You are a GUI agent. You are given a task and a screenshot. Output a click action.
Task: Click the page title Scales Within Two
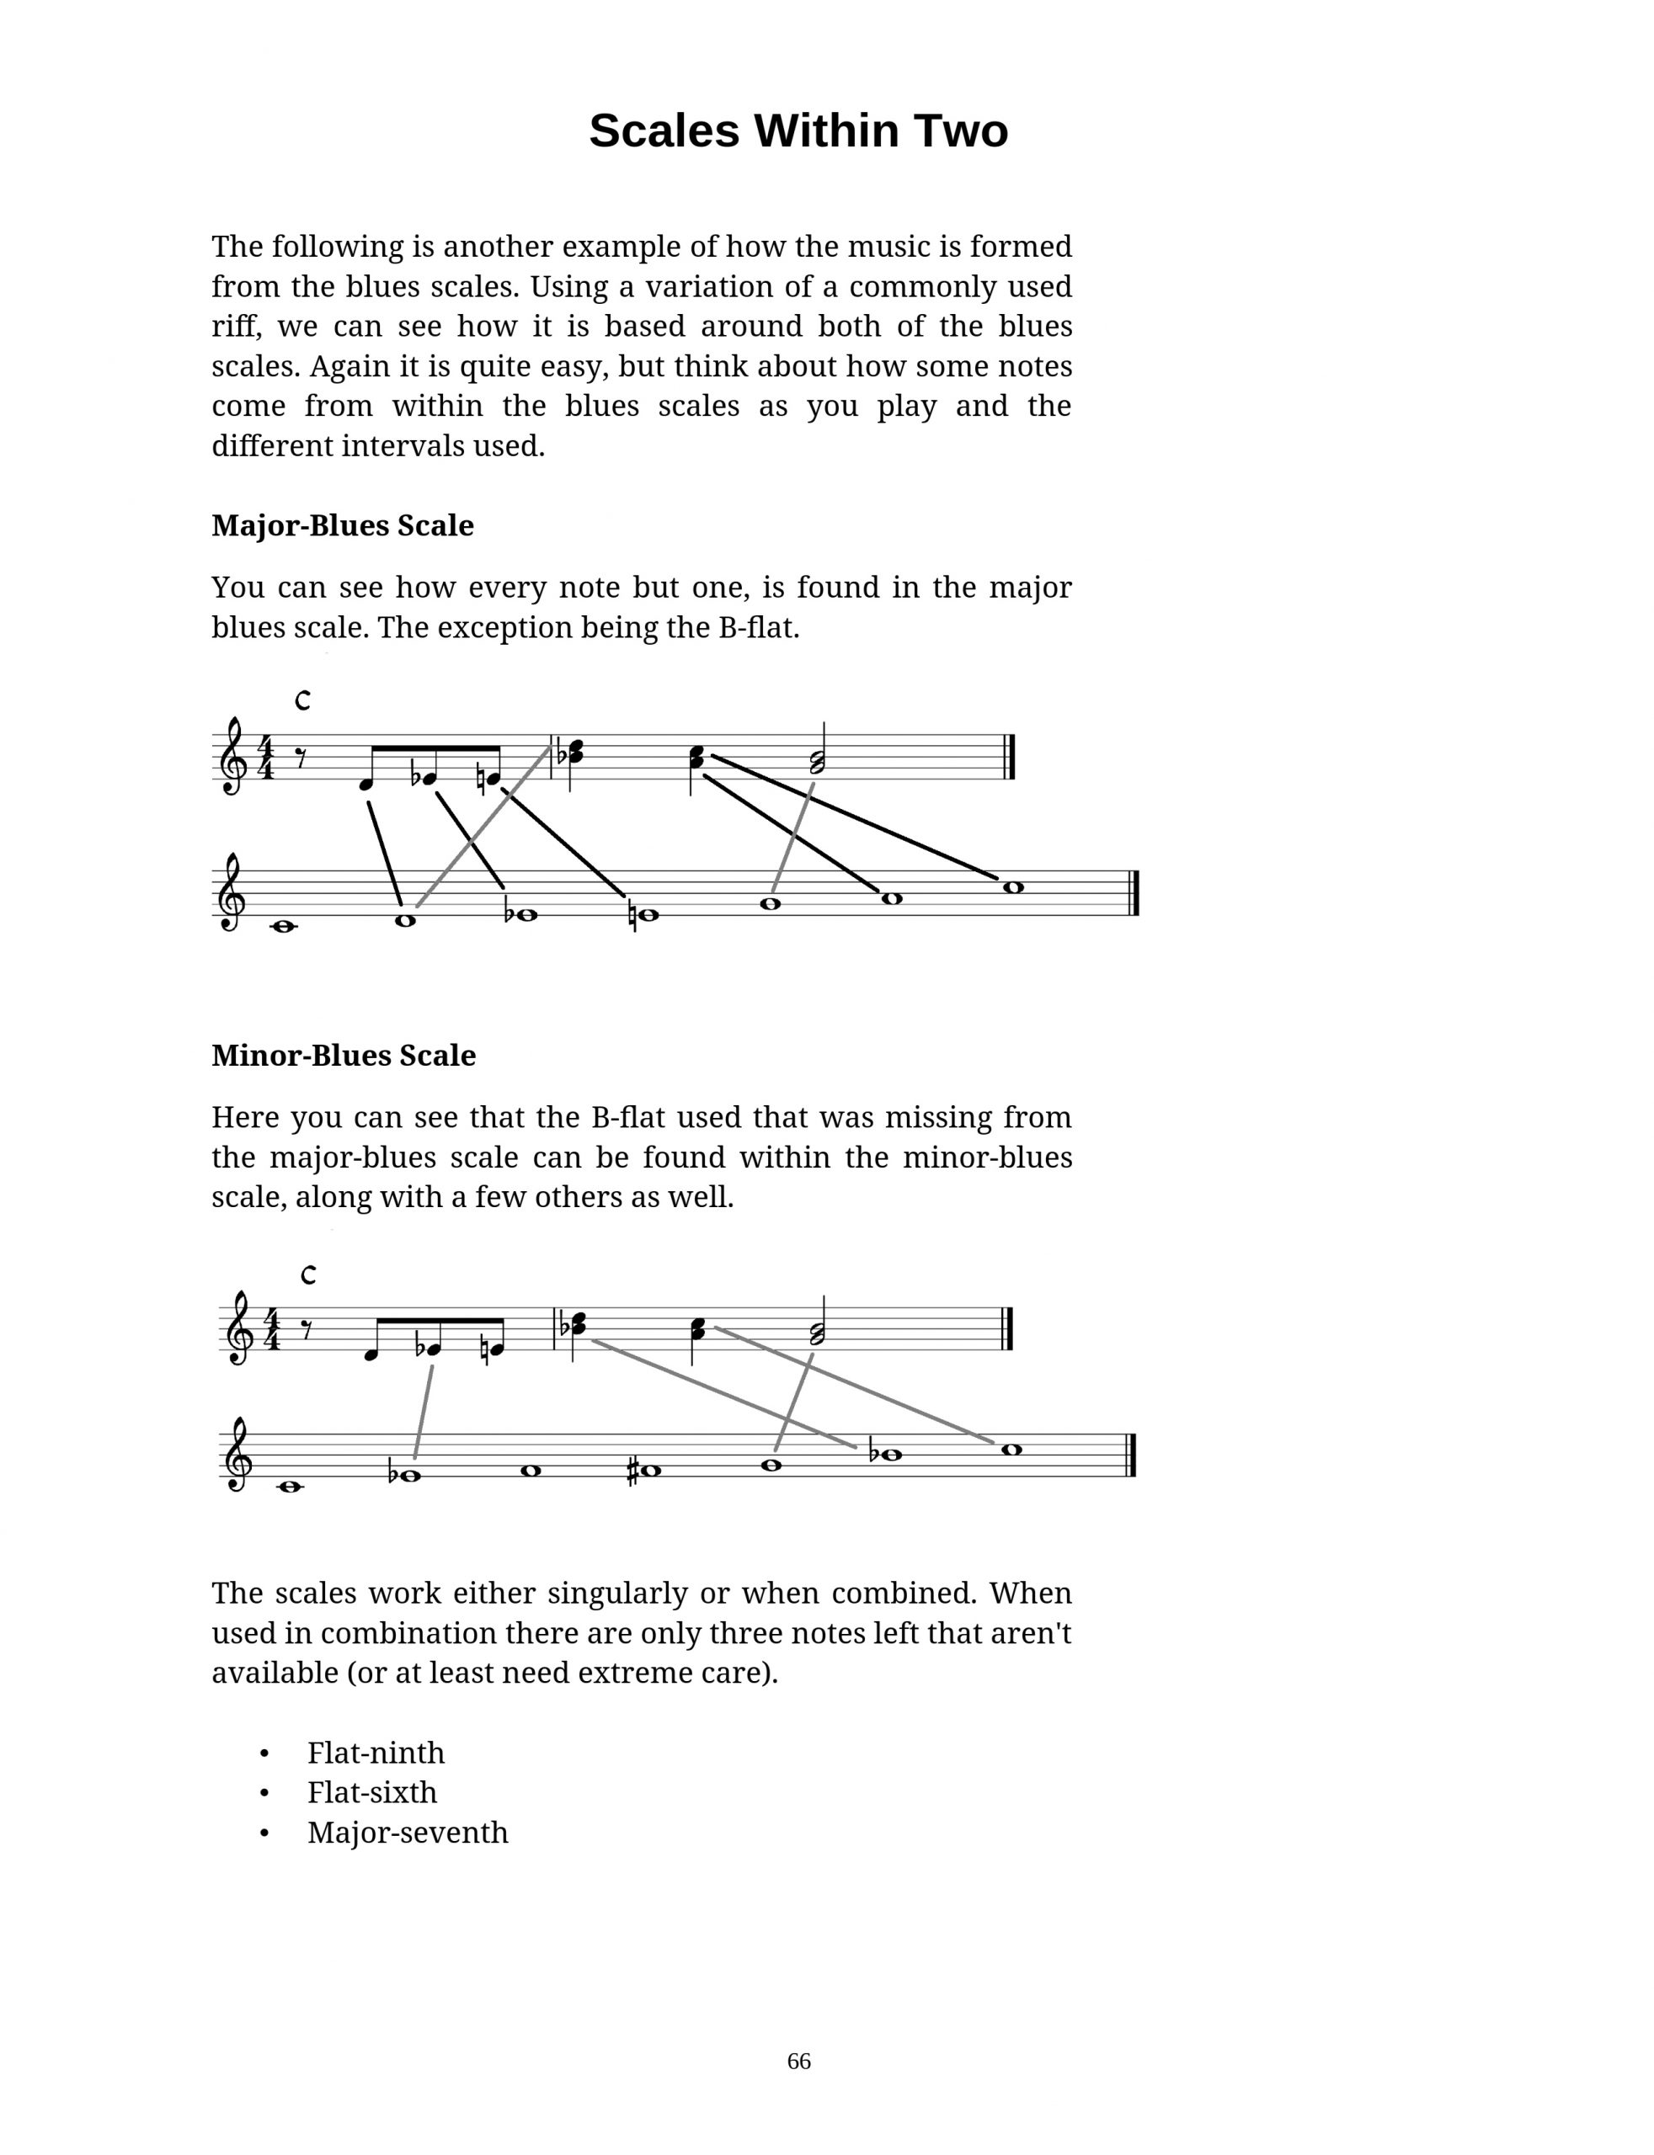798,130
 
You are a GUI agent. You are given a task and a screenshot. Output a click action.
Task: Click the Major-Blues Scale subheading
342,525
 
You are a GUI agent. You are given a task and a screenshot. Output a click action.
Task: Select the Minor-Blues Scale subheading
343,1055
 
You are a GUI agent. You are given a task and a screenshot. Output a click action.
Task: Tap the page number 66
798,2061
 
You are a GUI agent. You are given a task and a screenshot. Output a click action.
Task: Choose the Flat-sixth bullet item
371,1792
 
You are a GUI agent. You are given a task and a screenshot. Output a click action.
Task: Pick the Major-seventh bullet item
407,1833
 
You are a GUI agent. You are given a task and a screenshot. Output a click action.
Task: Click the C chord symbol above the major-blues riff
303,700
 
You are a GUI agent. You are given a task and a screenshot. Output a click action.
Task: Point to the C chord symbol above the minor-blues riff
308,1274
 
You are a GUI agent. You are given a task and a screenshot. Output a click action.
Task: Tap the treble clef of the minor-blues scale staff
237,1455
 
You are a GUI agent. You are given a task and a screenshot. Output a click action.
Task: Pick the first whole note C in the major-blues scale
284,926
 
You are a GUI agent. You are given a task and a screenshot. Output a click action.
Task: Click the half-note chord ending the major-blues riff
817,761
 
